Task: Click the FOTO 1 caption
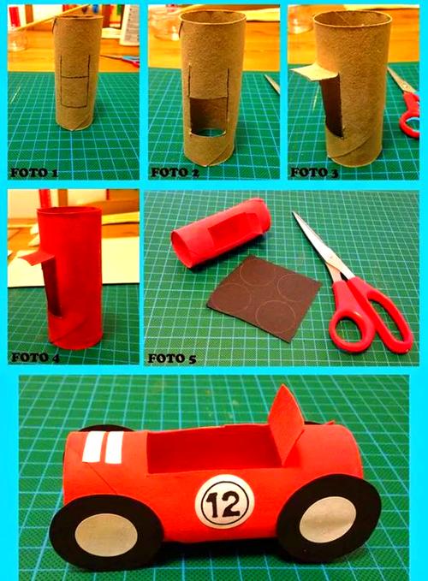click(34, 173)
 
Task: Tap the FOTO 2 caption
click(175, 172)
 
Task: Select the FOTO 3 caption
click(314, 172)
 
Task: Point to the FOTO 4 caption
click(35, 357)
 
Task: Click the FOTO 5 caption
click(171, 359)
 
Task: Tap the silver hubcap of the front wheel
click(109, 534)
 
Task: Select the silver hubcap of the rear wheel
click(328, 519)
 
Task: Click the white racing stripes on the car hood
click(103, 448)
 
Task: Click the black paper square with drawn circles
click(264, 298)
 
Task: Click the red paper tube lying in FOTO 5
click(221, 233)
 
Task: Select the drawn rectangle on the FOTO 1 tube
click(75, 81)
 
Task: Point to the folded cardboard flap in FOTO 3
click(315, 72)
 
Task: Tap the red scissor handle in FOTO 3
click(410, 115)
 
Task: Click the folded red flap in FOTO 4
click(37, 257)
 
